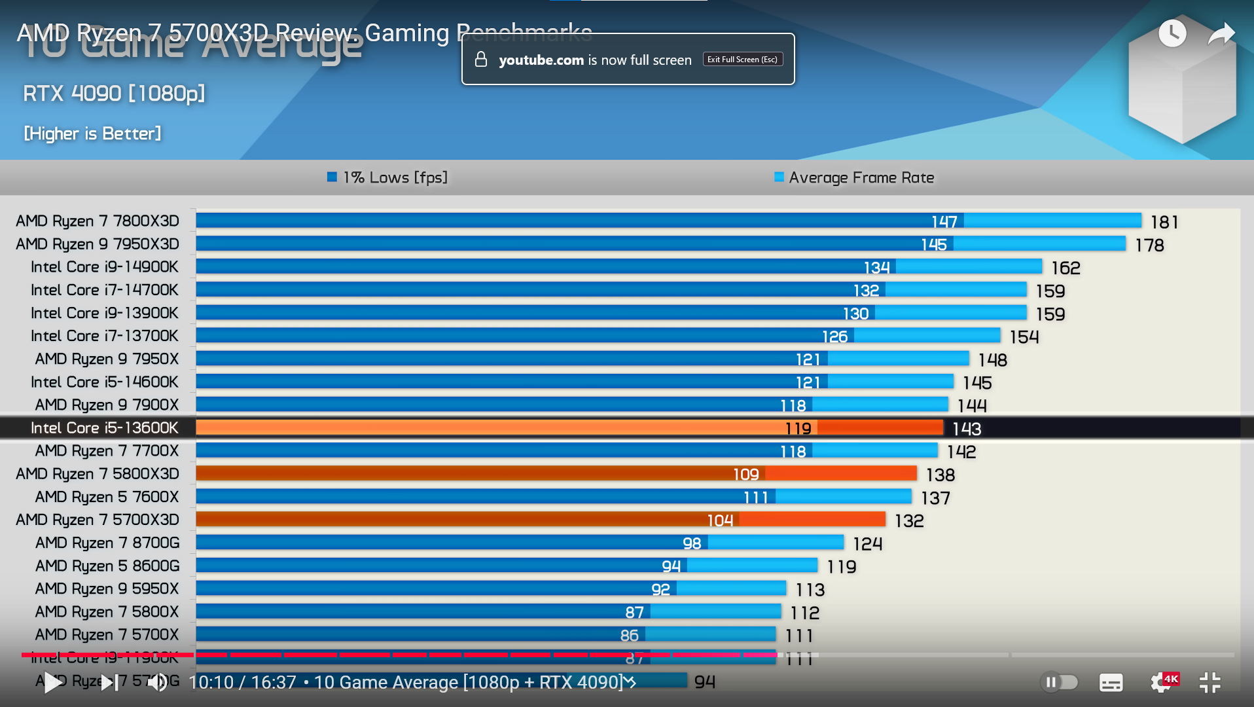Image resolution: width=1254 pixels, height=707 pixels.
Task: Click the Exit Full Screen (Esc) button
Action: (x=743, y=60)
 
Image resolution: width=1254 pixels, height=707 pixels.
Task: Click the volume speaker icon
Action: (x=157, y=683)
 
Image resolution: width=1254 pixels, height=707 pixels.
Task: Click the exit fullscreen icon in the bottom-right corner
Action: (x=1209, y=682)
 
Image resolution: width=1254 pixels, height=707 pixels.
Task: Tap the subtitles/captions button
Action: (x=1111, y=682)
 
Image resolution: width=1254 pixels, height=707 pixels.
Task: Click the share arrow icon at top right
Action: (x=1221, y=33)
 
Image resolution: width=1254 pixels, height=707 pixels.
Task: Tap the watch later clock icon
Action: (x=1172, y=33)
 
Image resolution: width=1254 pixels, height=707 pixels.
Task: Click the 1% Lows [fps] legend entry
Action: (x=387, y=177)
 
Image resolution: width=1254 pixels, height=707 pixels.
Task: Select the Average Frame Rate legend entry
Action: (x=854, y=177)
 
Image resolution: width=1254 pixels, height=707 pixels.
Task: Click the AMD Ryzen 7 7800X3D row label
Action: (x=98, y=221)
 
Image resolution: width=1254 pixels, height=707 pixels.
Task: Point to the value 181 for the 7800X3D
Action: (x=1164, y=223)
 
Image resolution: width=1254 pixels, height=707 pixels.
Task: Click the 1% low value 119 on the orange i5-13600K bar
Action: (x=798, y=429)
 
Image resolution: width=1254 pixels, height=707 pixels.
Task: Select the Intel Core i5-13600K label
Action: (x=105, y=428)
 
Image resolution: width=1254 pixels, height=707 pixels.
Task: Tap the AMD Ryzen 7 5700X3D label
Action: (x=98, y=520)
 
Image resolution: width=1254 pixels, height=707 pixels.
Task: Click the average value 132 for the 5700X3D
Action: (x=909, y=521)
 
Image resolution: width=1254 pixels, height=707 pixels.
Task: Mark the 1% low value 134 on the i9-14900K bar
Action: (x=876, y=268)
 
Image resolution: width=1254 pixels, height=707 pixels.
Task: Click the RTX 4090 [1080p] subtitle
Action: (x=114, y=94)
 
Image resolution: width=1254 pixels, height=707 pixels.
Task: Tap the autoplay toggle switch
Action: (x=1059, y=682)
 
